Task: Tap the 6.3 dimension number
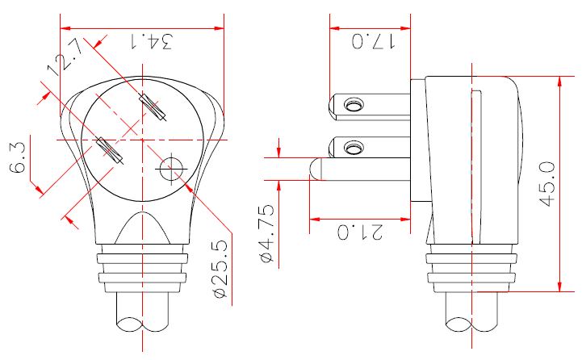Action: [x=18, y=157]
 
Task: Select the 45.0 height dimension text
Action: [x=547, y=184]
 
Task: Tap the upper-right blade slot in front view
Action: [x=153, y=107]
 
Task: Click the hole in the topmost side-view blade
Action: [x=353, y=106]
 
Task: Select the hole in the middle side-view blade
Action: [x=353, y=148]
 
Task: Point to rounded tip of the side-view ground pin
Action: [x=315, y=170]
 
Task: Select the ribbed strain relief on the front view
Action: [x=143, y=270]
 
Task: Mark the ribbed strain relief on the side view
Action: [x=471, y=270]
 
